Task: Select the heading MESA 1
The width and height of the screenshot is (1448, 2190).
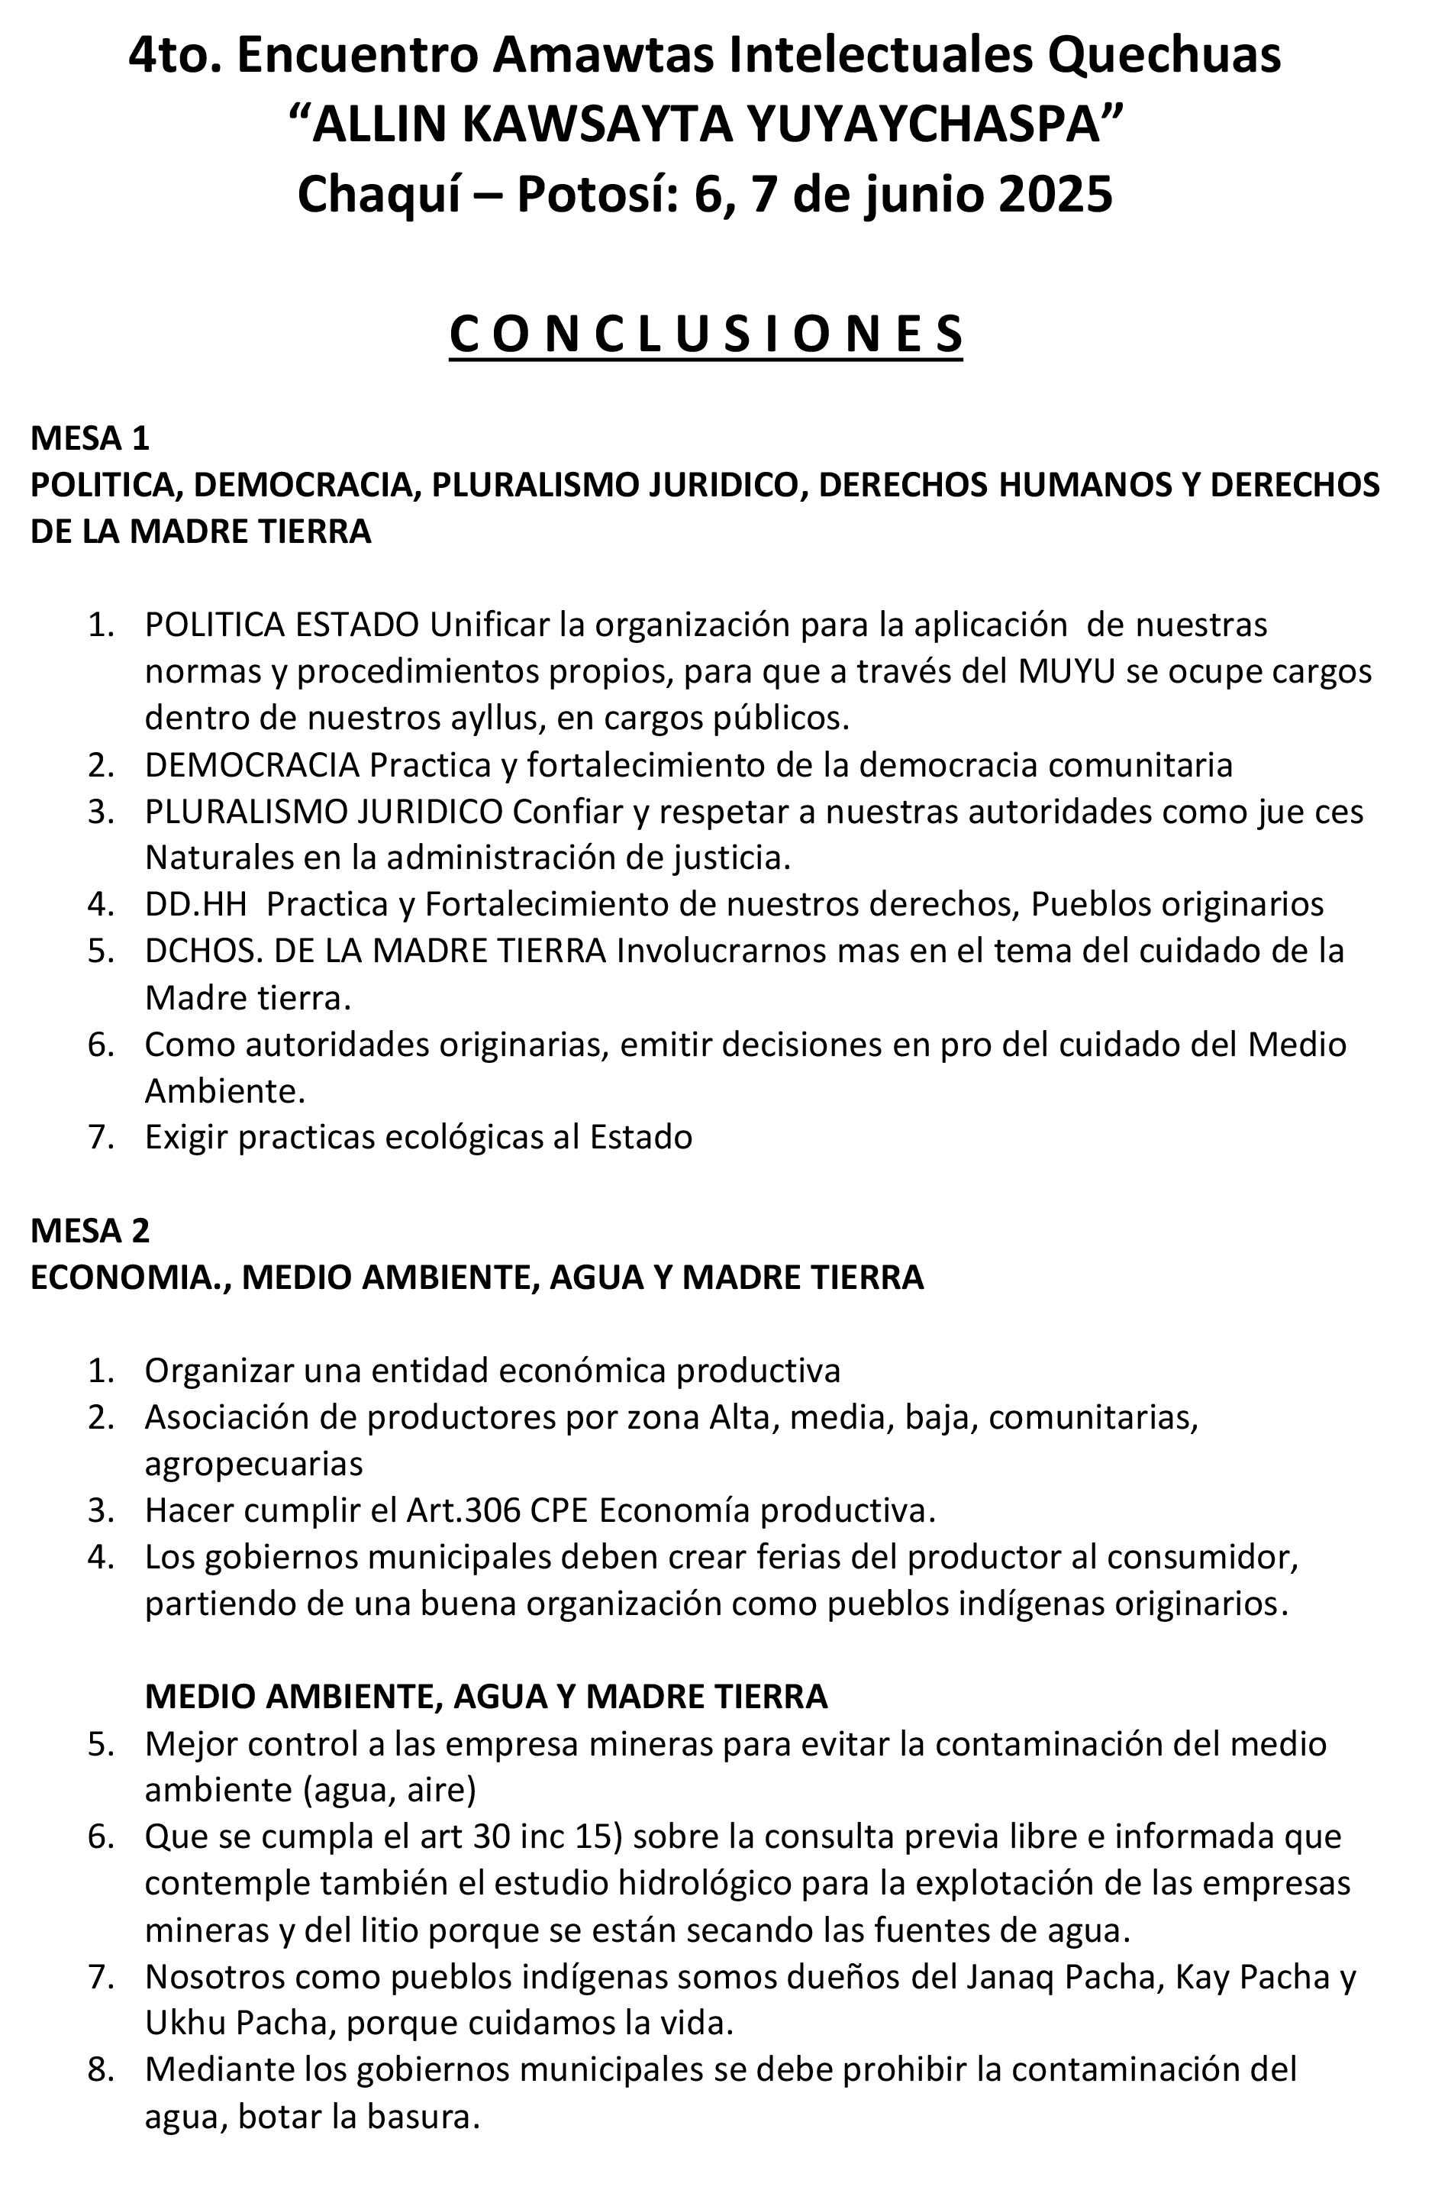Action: click(89, 437)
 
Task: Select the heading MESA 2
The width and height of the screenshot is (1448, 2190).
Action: click(89, 1230)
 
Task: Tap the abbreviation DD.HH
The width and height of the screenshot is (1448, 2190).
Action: click(195, 904)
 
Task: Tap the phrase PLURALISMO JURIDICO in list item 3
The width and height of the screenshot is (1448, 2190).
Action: click(323, 812)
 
